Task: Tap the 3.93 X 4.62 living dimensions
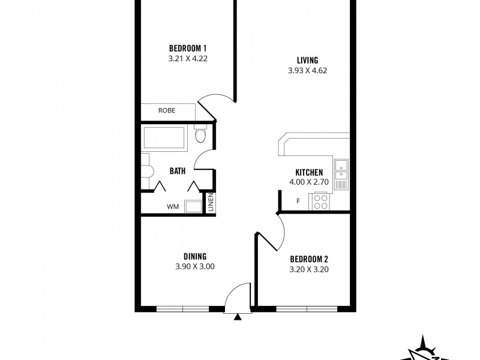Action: pyautogui.click(x=307, y=70)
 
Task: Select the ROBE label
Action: pyautogui.click(x=166, y=110)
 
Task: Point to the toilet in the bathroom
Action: pyautogui.click(x=200, y=134)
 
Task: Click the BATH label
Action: pyautogui.click(x=177, y=171)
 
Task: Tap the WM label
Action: pyautogui.click(x=173, y=207)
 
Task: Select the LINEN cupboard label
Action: pyautogui.click(x=211, y=203)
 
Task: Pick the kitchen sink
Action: pyautogui.click(x=341, y=170)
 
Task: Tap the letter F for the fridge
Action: pyautogui.click(x=298, y=201)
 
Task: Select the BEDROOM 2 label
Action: pyautogui.click(x=309, y=259)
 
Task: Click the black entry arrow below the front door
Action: pyautogui.click(x=238, y=317)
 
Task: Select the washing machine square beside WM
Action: pyautogui.click(x=193, y=206)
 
